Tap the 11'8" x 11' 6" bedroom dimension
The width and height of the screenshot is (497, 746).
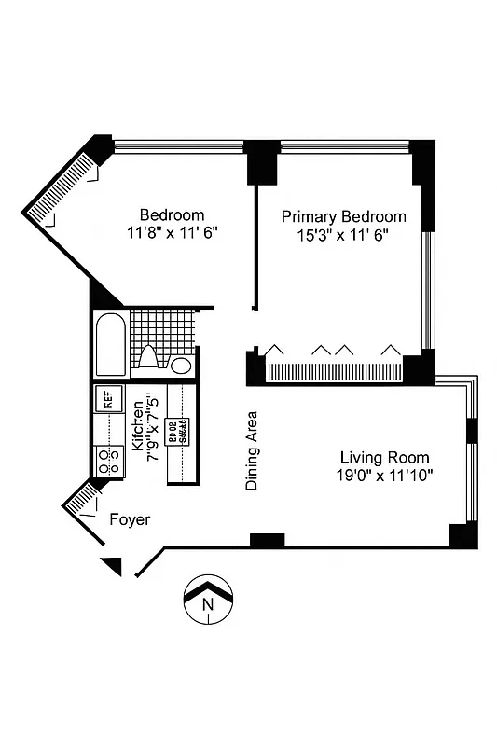[x=173, y=234]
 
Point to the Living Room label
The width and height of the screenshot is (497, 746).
[x=384, y=457]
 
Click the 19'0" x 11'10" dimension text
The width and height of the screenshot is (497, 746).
[x=385, y=476]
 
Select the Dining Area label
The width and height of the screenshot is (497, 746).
[x=252, y=451]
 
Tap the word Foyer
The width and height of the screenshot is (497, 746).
[x=130, y=519]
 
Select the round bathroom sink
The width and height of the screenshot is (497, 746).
[x=183, y=365]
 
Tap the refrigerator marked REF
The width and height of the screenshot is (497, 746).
[x=107, y=401]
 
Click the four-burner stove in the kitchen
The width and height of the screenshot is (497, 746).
[x=108, y=459]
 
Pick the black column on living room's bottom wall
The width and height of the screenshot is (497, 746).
[x=268, y=540]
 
